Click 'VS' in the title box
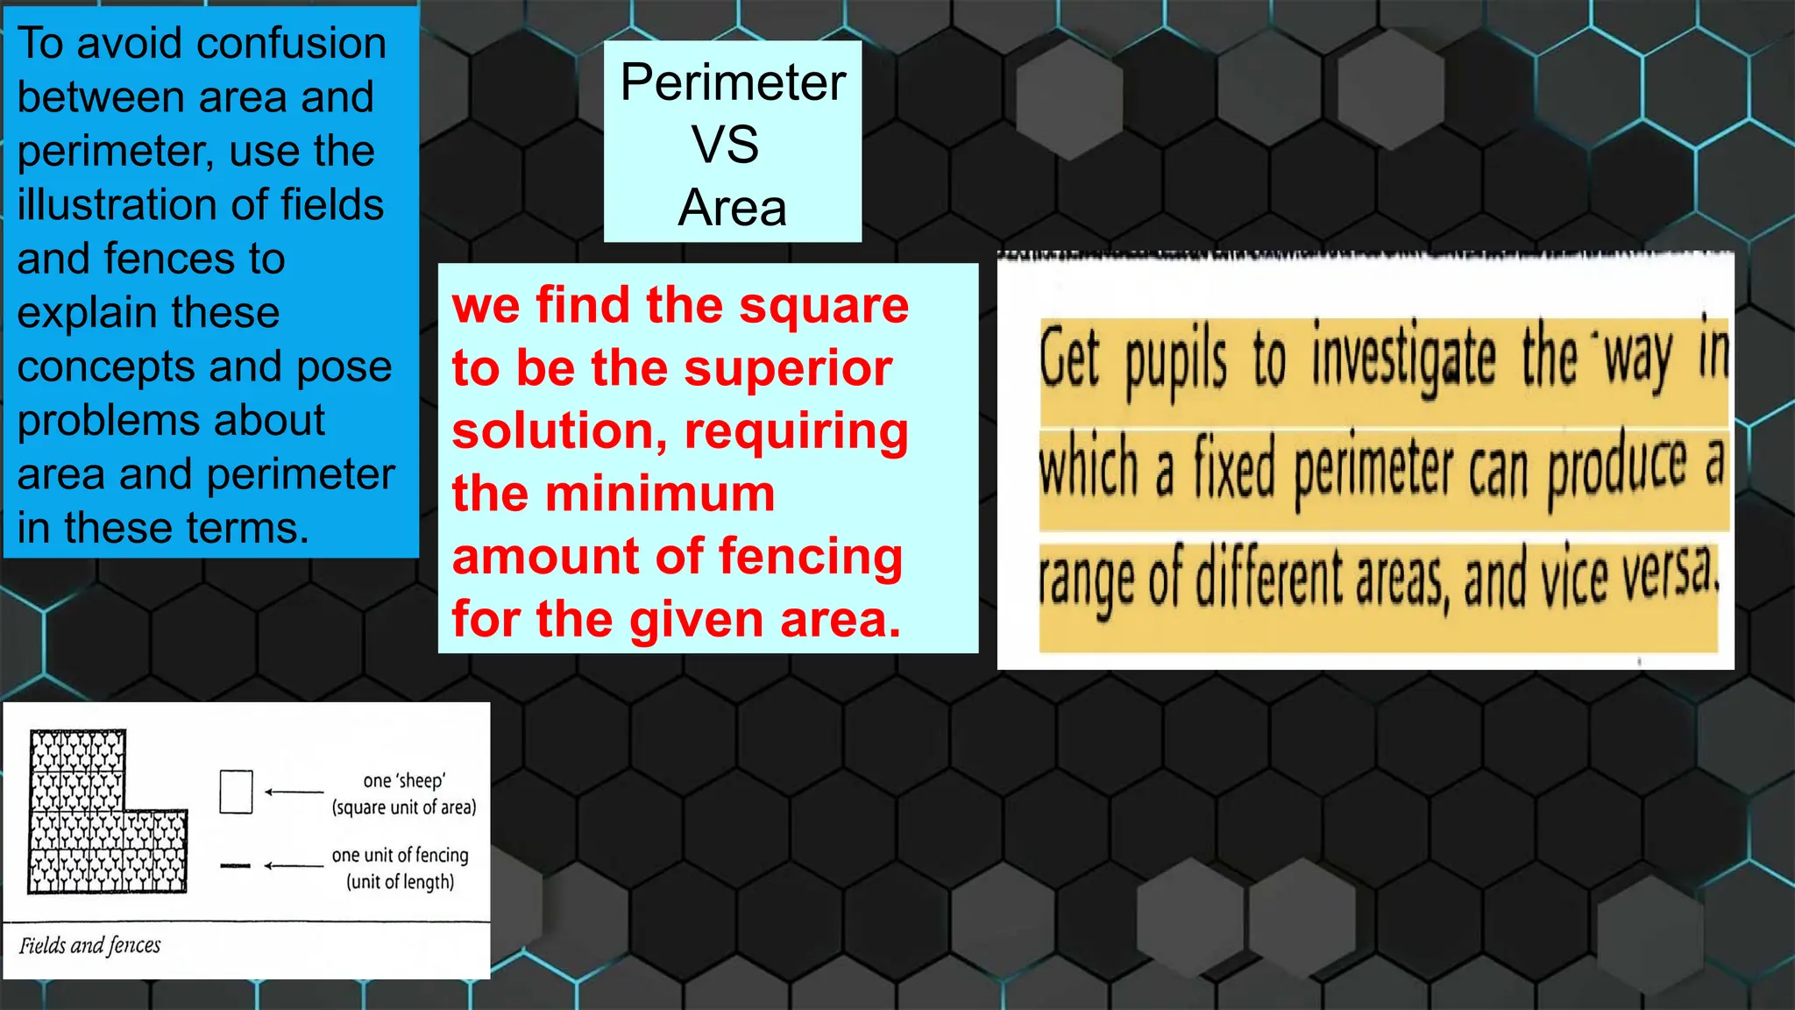[725, 145]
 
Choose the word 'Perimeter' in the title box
[733, 82]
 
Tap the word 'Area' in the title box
[732, 208]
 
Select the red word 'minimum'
[660, 494]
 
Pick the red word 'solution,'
[560, 431]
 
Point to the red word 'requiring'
[797, 431]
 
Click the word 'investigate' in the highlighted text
[1403, 359]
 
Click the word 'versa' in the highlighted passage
[1669, 574]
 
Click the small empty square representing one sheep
[236, 792]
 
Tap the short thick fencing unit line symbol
[235, 866]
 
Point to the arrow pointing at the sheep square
[294, 792]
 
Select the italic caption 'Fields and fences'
[90, 945]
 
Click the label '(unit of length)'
[401, 882]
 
